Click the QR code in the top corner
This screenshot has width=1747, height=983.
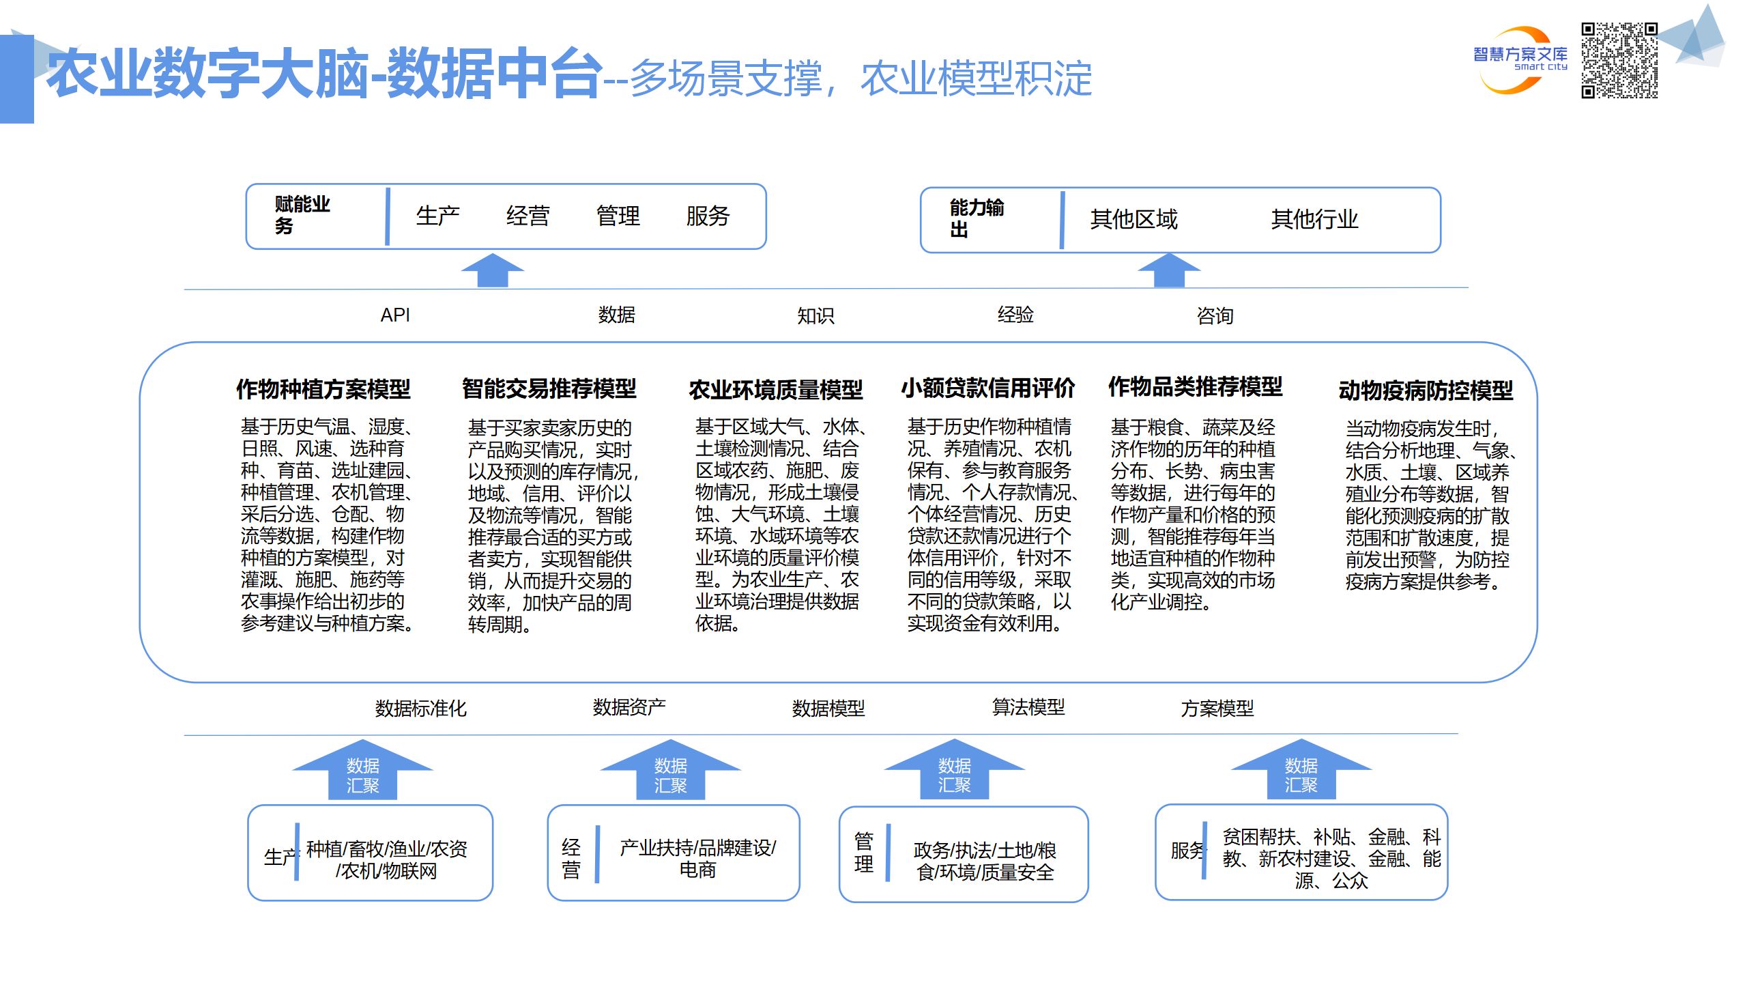[1619, 60]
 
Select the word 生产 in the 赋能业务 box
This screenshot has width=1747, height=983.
[437, 216]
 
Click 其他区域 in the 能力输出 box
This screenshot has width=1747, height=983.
[1134, 220]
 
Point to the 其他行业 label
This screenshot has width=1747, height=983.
[1314, 220]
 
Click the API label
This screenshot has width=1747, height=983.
[395, 315]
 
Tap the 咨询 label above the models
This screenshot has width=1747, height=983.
[1215, 316]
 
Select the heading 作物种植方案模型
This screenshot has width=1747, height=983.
[323, 390]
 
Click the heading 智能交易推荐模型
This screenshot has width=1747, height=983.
[549, 389]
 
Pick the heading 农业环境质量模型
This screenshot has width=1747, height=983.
[775, 390]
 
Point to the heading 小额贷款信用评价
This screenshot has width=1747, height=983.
[987, 388]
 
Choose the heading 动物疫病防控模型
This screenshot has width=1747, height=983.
[1426, 391]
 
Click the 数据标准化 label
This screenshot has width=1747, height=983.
[420, 709]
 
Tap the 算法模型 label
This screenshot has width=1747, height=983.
[1028, 707]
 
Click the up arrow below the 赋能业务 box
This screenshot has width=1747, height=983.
[492, 270]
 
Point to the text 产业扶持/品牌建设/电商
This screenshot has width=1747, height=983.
[697, 858]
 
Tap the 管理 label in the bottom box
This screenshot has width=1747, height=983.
[863, 853]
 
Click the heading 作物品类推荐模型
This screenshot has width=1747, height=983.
[1195, 387]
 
